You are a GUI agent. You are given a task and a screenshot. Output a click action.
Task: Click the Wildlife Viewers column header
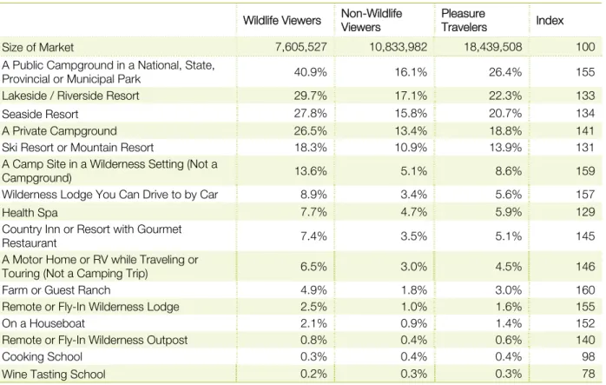pos(282,21)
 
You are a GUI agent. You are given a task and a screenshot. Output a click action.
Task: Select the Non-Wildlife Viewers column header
pos(372,20)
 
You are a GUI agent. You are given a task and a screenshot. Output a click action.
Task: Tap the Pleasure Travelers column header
pos(464,20)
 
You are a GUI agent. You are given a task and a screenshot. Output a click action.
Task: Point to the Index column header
pos(550,21)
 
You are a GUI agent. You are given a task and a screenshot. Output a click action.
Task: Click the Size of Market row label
pos(37,47)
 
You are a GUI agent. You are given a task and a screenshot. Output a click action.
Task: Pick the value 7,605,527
pos(300,47)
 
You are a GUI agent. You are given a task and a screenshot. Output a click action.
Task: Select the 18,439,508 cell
pos(492,47)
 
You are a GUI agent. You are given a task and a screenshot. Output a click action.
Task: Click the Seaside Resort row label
pos(40,114)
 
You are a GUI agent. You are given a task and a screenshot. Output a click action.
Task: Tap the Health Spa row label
pos(30,212)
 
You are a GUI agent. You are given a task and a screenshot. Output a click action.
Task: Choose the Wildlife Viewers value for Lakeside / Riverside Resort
pos(310,96)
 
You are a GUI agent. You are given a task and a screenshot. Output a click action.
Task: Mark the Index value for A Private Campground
pos(585,130)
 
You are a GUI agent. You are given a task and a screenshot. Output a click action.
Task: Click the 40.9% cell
pos(310,72)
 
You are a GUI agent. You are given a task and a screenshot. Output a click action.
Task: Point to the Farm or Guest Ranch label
pos(56,290)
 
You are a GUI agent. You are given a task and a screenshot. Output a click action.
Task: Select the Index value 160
pos(585,290)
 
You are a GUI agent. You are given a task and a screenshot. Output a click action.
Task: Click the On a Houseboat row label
pos(43,323)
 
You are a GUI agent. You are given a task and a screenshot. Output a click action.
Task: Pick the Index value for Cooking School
pos(589,356)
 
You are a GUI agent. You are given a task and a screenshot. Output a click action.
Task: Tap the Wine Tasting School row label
pos(53,375)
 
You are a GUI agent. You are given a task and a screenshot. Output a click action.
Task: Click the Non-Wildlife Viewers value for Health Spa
pos(413,212)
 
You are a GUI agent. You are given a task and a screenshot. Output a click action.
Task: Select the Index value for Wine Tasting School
pos(589,374)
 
